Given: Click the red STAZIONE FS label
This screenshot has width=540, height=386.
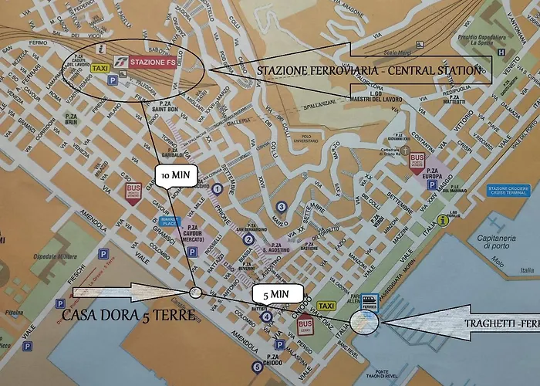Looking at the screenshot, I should (153, 61).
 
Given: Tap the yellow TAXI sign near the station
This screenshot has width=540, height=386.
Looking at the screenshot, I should (100, 69).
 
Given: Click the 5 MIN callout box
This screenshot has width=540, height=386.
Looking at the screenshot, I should (275, 294).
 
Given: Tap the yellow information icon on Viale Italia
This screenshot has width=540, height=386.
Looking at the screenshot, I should (443, 220).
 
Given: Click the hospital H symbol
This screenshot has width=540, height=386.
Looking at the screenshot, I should (502, 53).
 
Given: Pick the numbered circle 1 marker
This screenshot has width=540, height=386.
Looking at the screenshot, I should (218, 188).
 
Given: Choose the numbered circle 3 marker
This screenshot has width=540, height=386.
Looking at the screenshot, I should (282, 206).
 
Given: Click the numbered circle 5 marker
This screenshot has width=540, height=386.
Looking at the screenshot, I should (256, 367).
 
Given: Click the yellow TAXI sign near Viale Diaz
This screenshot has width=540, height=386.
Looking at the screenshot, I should (327, 306).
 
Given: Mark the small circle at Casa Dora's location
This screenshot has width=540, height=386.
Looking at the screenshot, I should (195, 292).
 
